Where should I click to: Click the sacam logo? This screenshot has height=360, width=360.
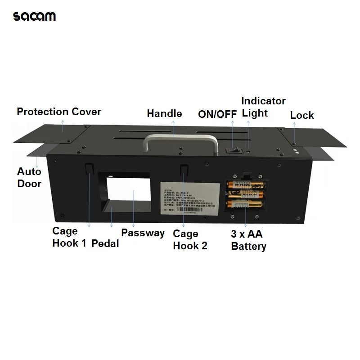[35, 17]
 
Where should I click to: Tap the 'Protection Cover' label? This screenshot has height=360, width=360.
[59, 112]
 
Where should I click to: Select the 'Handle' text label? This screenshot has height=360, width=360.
[164, 113]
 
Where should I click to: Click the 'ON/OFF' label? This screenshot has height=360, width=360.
[217, 114]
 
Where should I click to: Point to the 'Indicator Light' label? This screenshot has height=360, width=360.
[263, 107]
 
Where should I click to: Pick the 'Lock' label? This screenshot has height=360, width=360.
[301, 115]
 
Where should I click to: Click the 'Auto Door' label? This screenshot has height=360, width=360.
[29, 177]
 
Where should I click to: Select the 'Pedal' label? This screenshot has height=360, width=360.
[105, 243]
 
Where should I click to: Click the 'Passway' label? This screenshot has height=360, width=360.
[143, 233]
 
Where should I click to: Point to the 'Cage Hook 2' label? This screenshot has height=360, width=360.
[190, 240]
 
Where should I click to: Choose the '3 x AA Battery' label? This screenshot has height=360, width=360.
[248, 240]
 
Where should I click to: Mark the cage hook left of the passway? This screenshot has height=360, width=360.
[89, 168]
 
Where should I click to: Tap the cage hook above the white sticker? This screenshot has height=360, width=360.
[184, 170]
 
